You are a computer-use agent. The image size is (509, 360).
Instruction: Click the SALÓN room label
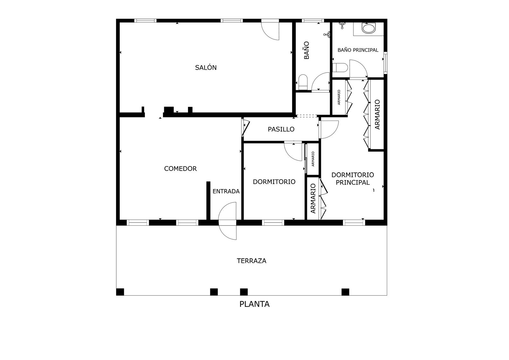click(206, 67)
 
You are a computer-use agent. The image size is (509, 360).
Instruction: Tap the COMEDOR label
click(180, 168)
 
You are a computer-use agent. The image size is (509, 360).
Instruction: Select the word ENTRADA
click(226, 191)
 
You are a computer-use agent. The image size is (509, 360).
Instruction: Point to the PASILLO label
click(281, 129)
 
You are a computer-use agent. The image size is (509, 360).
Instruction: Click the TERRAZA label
click(252, 261)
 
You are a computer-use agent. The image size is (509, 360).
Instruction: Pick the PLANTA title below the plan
click(254, 304)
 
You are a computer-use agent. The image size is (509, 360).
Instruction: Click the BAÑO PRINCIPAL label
click(358, 50)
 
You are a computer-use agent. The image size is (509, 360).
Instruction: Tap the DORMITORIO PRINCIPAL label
click(353, 179)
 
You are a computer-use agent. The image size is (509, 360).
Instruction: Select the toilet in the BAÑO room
click(303, 82)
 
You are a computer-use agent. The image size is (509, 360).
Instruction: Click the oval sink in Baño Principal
click(369, 29)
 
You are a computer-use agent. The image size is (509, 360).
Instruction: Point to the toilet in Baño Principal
click(340, 67)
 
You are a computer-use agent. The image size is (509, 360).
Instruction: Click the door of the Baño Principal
click(358, 68)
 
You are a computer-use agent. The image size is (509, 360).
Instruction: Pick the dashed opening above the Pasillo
click(307, 116)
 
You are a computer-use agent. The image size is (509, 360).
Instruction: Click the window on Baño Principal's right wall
click(385, 63)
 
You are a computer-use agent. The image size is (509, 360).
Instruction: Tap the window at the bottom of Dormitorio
click(273, 222)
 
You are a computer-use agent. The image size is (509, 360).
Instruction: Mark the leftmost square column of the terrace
click(120, 292)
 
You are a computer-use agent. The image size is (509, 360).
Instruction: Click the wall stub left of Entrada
click(208, 201)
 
